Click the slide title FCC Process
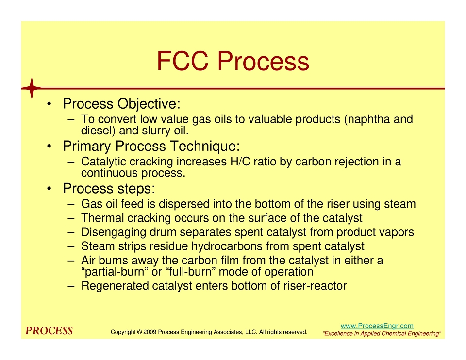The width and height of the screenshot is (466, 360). pos(233,61)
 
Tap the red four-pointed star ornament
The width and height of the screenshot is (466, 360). pos(32,88)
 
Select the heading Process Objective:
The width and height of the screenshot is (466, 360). pos(121,104)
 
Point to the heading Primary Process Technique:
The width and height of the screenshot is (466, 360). pos(151,146)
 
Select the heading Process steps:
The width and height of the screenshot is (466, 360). pos(109,189)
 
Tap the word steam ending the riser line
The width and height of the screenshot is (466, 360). pos(399,204)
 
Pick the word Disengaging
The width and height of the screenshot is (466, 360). pos(114,232)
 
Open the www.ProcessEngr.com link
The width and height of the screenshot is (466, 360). pos(377,326)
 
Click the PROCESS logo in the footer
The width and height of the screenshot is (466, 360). pos(49,331)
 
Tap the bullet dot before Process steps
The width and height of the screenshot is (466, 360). pos(50,189)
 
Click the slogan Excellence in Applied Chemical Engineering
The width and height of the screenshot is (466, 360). pos(382,334)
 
